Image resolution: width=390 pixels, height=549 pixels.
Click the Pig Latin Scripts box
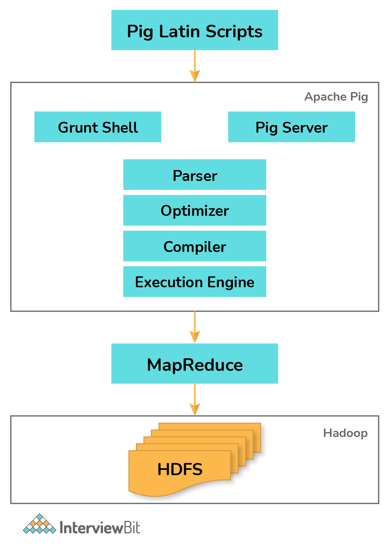pyautogui.click(x=194, y=30)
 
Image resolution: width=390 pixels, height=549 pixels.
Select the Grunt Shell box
pyautogui.click(x=97, y=127)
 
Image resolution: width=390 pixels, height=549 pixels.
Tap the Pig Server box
pyautogui.click(x=291, y=127)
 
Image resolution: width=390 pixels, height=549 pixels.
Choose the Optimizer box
pyautogui.click(x=194, y=210)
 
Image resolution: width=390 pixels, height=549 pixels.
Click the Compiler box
pyautogui.click(x=194, y=246)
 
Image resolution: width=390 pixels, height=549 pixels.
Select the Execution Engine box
pyautogui.click(x=194, y=282)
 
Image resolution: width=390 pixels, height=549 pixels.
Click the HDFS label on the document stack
pyautogui.click(x=180, y=469)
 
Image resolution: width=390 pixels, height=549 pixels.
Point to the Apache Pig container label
pyautogui.click(x=336, y=97)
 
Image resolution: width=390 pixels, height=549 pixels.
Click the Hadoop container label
pyautogui.click(x=345, y=433)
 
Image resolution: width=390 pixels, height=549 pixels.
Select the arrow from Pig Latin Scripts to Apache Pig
pyautogui.click(x=195, y=66)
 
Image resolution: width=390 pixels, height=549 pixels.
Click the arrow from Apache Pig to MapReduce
pyautogui.click(x=195, y=327)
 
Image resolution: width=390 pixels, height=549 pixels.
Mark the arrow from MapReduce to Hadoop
pyautogui.click(x=195, y=400)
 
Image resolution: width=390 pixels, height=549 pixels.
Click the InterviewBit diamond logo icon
pyautogui.click(x=39, y=524)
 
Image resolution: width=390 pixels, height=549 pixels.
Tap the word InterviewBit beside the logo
pyautogui.click(x=99, y=527)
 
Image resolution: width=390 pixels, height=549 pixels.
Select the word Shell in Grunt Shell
pyautogui.click(x=120, y=127)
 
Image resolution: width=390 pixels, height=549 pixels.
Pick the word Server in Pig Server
pyautogui.click(x=305, y=127)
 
